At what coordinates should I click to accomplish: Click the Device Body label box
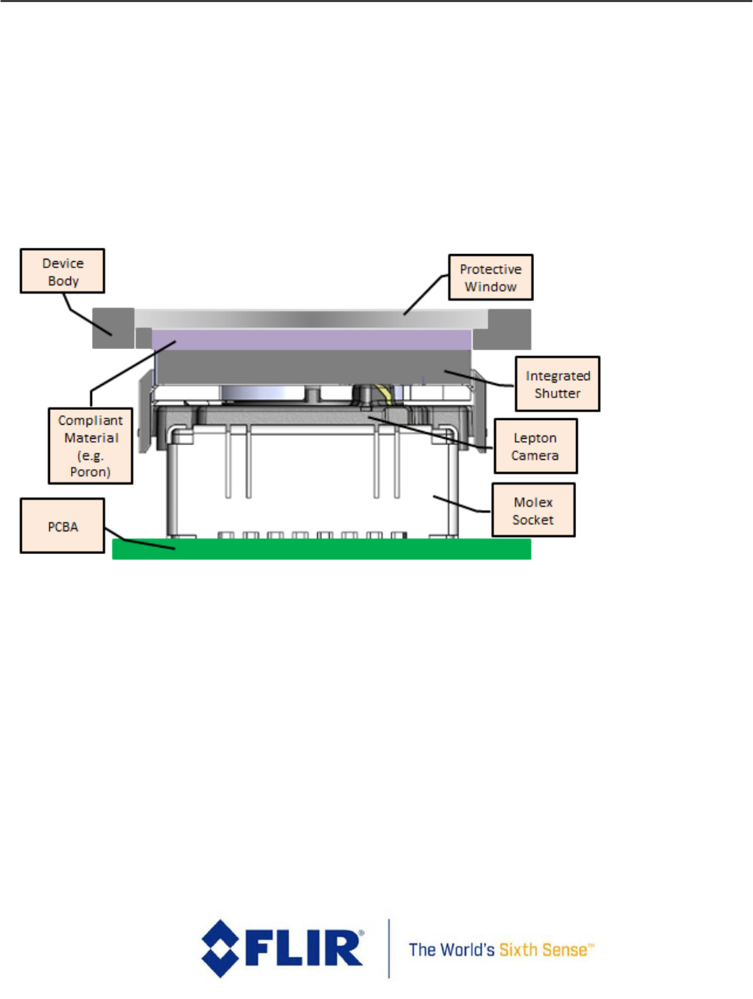point(62,271)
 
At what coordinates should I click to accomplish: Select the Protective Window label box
point(490,277)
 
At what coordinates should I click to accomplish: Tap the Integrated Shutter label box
point(557,384)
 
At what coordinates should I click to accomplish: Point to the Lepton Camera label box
point(536,447)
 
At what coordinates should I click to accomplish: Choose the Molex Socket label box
point(533,510)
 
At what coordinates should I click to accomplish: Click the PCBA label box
point(62,527)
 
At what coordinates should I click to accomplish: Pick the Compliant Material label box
point(90,446)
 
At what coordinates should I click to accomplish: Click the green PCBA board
point(321,549)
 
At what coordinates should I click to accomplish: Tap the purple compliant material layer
point(312,339)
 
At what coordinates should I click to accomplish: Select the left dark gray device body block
point(113,328)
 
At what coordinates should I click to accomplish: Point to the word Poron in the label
point(91,472)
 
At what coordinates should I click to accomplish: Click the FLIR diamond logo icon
point(221,948)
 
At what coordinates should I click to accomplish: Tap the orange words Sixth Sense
point(546,950)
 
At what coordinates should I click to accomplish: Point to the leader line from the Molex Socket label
point(462,504)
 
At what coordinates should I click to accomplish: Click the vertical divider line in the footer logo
point(388,948)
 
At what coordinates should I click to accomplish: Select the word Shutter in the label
point(557,394)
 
